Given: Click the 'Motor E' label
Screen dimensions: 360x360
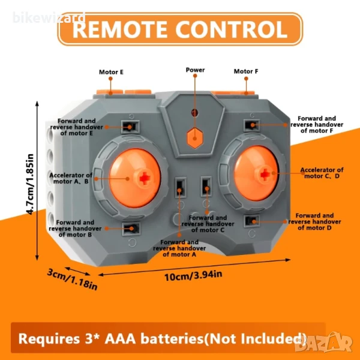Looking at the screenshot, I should click(x=111, y=72).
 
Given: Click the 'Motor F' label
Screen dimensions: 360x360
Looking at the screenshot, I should click(x=246, y=71).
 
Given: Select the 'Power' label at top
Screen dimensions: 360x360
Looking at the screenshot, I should click(x=195, y=70).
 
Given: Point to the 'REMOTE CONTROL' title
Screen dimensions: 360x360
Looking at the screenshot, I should click(x=180, y=29).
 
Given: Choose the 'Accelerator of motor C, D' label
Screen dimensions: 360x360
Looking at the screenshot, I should click(x=322, y=173).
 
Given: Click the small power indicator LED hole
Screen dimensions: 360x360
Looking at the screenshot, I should click(x=193, y=112).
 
